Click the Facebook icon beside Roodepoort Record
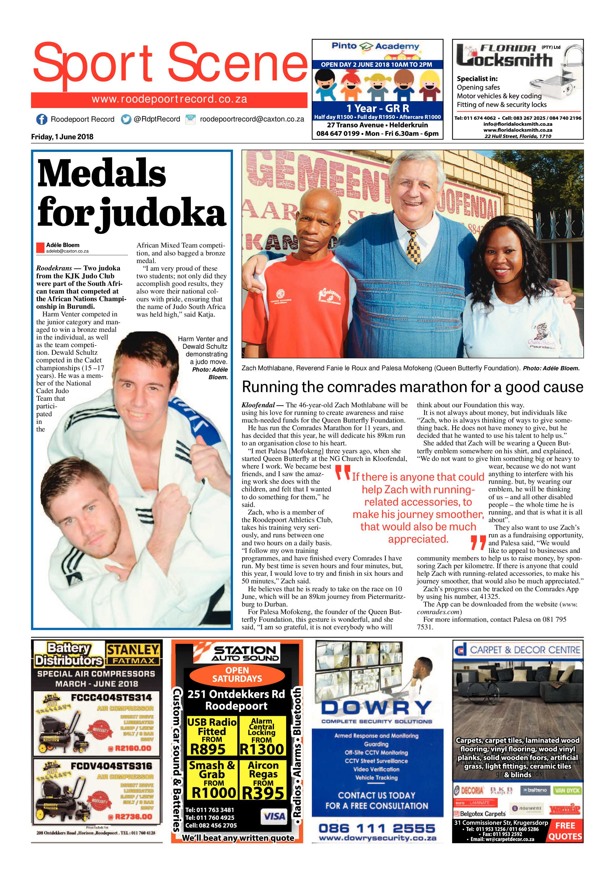coord(41,119)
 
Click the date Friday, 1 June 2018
coord(62,137)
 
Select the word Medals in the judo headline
coord(101,173)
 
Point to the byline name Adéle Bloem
coord(63,245)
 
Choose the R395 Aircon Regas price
coord(263,792)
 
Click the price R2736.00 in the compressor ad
coord(130,816)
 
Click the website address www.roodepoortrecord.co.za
coord(169,100)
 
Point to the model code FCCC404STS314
coord(111,697)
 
